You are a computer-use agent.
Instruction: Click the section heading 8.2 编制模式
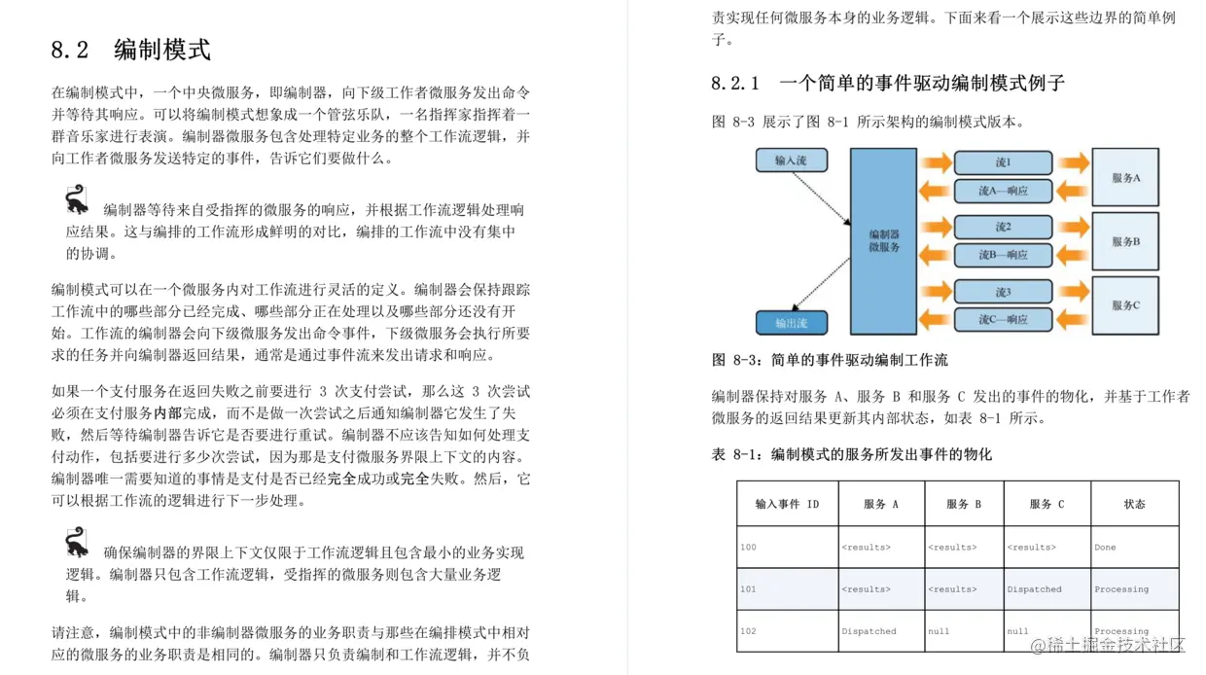point(130,50)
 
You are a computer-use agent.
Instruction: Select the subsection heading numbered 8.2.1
point(887,83)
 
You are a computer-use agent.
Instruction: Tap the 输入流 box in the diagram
point(791,160)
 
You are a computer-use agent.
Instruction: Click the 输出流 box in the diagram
point(791,322)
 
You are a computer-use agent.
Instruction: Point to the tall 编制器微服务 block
point(883,241)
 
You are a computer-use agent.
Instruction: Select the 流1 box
point(1002,162)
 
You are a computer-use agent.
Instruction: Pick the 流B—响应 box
point(1002,255)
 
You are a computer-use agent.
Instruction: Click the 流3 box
point(1002,292)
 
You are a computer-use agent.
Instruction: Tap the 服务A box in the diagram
point(1125,178)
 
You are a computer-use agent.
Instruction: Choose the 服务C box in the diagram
point(1125,305)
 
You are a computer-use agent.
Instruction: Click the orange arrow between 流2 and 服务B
point(1074,227)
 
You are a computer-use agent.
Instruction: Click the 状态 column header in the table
point(1134,504)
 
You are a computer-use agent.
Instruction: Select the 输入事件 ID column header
point(787,504)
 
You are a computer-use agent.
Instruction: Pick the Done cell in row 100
point(1105,547)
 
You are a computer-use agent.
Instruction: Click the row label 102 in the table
point(748,631)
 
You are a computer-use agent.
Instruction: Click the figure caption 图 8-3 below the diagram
point(830,360)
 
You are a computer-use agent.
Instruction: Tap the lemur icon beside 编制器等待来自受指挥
point(77,201)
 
